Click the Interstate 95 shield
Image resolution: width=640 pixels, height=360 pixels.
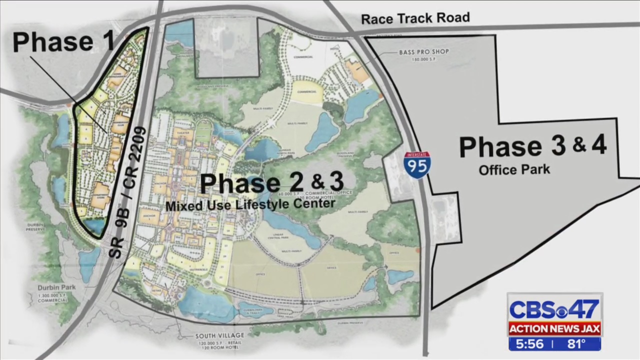coord(416,165)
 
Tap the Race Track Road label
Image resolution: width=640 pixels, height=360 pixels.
coord(415,18)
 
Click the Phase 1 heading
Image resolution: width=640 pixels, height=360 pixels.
coord(63,41)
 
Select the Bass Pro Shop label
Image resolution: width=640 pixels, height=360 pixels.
coord(423,52)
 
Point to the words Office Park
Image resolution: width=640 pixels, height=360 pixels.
coord(514,170)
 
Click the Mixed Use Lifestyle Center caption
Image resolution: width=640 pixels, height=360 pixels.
coord(250,204)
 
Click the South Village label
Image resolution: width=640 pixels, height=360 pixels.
coord(220,335)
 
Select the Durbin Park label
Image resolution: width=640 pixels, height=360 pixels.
coord(56,288)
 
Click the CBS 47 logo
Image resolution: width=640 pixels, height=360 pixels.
coord(554,310)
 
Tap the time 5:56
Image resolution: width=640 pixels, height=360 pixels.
coord(530,344)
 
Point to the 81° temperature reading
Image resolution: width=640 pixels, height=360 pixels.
coord(576,344)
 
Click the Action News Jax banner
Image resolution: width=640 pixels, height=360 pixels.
coord(554,329)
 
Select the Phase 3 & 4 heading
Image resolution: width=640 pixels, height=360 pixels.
coord(532,146)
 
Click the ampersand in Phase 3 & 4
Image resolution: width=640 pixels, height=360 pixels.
coord(579,145)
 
